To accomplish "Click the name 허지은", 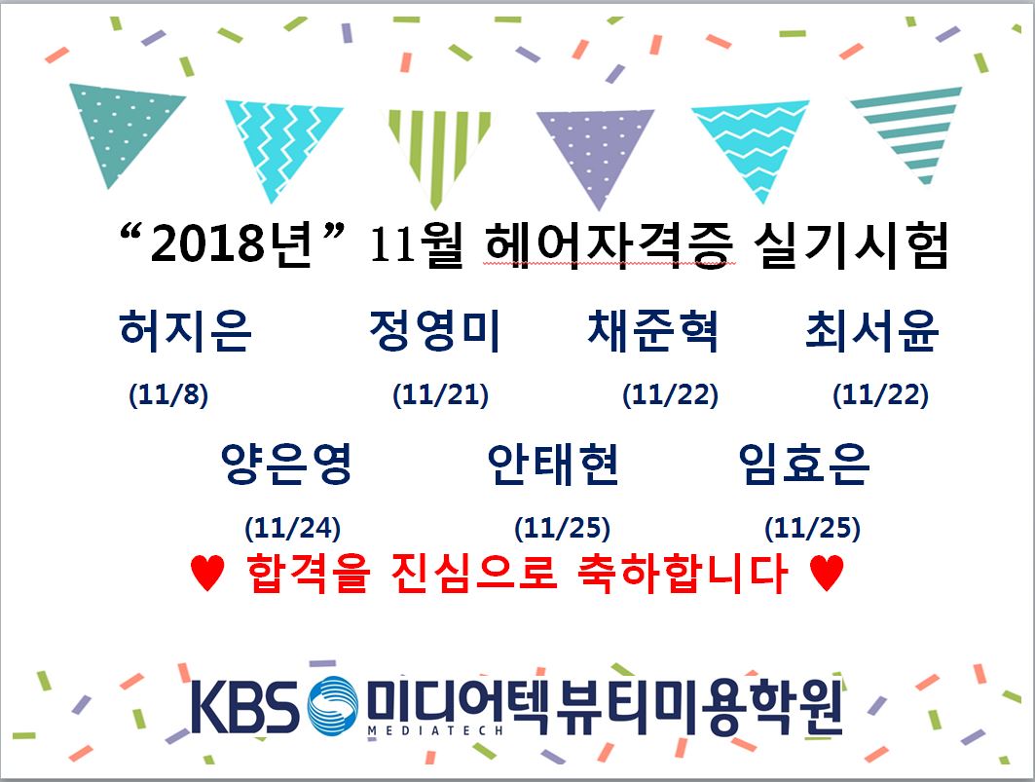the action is coord(185,329).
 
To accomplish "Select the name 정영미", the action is coord(434,329).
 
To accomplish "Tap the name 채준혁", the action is coord(652,329).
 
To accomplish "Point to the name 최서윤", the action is coord(871,329).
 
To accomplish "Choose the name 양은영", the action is coord(286,464).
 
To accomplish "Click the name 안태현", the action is coord(553,464).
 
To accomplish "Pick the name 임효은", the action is coord(804,464).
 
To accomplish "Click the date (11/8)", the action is coord(168,395).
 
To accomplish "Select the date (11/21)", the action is coord(440,395).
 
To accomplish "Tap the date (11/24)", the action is coord(292,529).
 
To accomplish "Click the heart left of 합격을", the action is coord(207,572).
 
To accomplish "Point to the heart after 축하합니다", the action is coord(827,572).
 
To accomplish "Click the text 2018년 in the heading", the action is coord(231,243).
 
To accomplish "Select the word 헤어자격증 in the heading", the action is coord(609,244).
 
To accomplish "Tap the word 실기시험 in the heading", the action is coord(852,244).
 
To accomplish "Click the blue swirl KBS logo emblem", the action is coord(333,707).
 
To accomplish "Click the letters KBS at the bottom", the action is coord(244,707).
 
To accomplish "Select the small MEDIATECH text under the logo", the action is coord(435,730).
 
